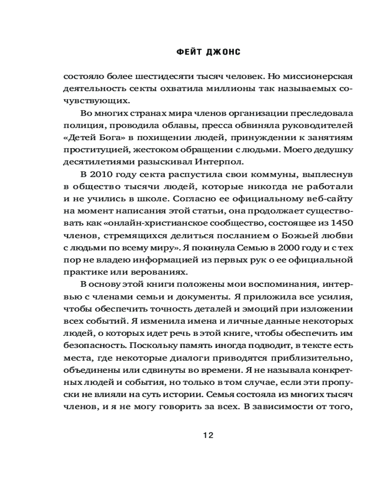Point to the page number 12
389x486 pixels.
[208, 435]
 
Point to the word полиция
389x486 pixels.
[78, 125]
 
